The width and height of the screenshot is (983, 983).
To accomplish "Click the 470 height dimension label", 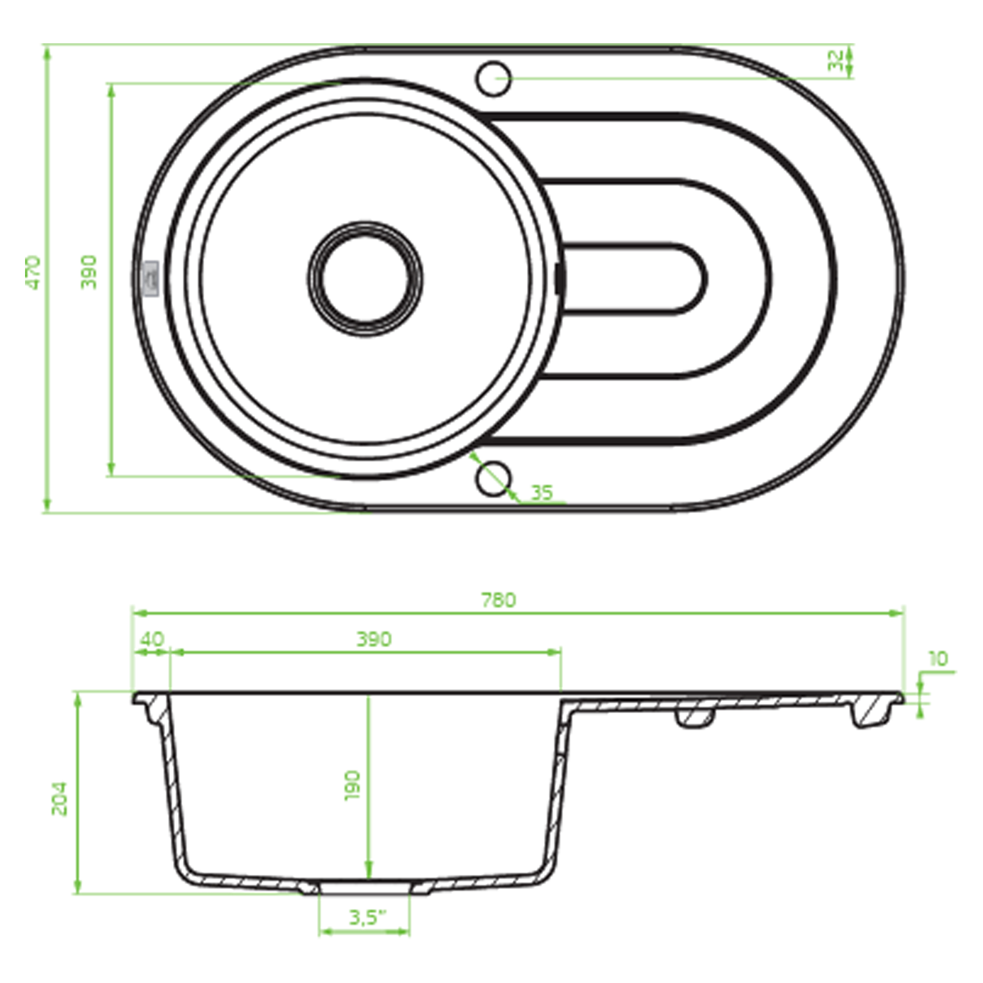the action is pos(33,273).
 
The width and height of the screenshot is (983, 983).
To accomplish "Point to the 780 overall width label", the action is pos(498,601).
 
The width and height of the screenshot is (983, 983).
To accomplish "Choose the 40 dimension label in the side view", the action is pos(152,639).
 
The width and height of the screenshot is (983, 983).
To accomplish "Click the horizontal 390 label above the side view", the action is pos(374,639).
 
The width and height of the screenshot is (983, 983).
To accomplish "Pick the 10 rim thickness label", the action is pos(939,659).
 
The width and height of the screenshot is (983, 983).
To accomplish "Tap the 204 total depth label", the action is pos(59,798).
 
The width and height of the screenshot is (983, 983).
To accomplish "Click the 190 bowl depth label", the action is pos(352,786).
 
